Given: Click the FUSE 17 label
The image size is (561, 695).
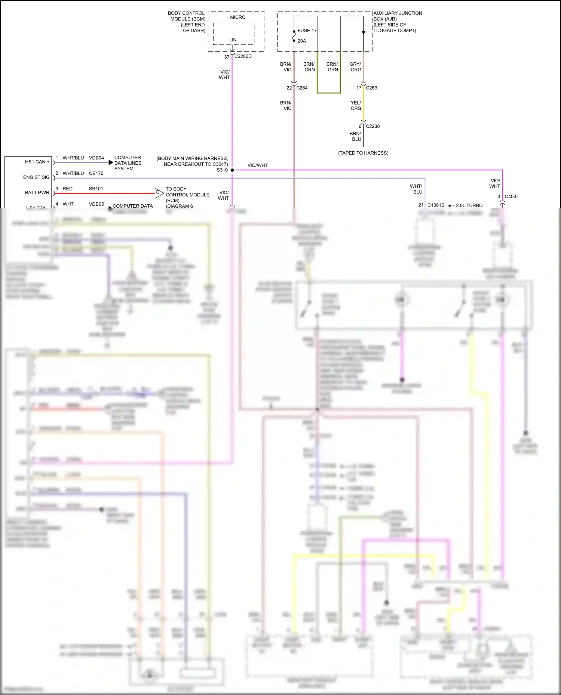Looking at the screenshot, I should click(307, 31).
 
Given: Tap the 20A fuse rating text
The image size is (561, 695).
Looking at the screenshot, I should click(302, 41).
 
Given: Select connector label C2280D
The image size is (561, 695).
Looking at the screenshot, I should click(243, 56).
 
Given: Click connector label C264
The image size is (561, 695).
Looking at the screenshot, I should click(302, 88).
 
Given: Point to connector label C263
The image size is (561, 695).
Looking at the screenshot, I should click(371, 88).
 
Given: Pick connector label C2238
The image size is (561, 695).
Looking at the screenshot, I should click(373, 126).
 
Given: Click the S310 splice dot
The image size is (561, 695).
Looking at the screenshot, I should click(232, 170).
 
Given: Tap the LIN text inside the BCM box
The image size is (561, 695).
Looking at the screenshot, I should click(233, 40).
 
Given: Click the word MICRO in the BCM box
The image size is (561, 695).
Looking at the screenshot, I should click(238, 17).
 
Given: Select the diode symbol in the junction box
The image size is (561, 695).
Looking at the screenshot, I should click(364, 32).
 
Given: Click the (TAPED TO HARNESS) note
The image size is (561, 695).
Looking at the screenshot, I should click(363, 153).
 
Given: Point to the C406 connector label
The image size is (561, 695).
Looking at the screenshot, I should click(510, 196).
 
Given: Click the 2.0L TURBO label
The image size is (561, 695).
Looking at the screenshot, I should click(469, 205).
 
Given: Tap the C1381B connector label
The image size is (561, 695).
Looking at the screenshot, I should click(436, 205).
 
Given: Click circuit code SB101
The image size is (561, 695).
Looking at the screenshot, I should click(96, 189).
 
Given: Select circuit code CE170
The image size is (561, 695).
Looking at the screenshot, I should click(96, 173).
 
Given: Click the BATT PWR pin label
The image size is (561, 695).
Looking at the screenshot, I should click(37, 193).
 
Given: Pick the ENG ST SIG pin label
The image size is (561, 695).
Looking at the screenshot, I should click(36, 177).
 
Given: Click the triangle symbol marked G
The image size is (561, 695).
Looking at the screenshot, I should click(159, 193).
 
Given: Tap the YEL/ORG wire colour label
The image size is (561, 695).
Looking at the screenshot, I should click(356, 105).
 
